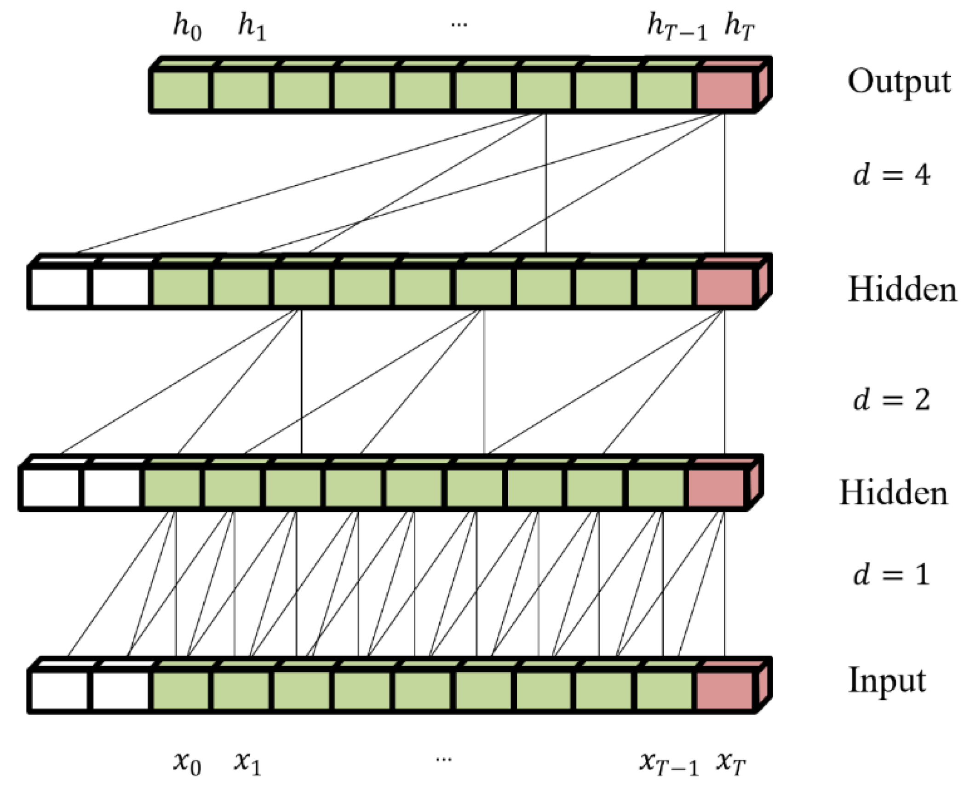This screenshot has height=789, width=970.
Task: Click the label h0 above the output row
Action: [187, 28]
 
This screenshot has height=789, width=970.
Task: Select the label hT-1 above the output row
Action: [676, 28]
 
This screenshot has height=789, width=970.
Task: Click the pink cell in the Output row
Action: [724, 90]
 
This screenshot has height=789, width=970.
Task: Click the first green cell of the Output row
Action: [181, 90]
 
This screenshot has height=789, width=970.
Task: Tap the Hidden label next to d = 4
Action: [901, 290]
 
